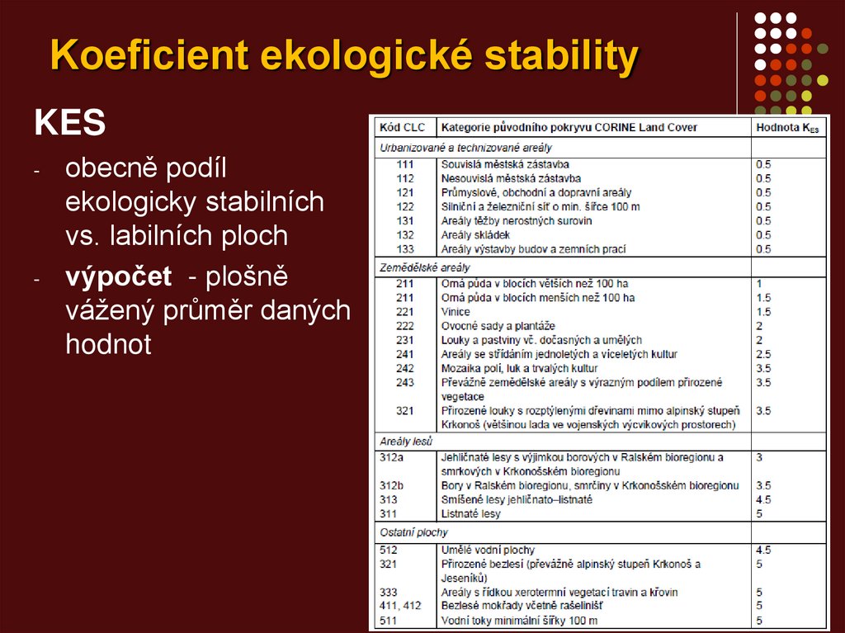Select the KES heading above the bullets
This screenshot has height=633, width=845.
pos(69,124)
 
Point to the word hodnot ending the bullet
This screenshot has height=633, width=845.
pos(108,344)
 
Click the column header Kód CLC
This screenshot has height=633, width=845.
pos(401,127)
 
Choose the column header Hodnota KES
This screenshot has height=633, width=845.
pos(786,128)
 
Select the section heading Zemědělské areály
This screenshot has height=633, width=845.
pos(424,268)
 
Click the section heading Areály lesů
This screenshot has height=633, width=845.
pos(406,442)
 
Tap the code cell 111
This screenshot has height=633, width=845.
pos(405,165)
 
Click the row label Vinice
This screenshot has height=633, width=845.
pos(456,312)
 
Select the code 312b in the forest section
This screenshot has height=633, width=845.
pos(392,486)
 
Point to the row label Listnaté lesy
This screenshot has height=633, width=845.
pos(470,514)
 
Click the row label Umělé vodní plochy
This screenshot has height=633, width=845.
pos(488,550)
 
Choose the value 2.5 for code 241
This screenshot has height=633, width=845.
pos(763,354)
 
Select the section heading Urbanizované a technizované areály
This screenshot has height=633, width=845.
pos(466,148)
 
